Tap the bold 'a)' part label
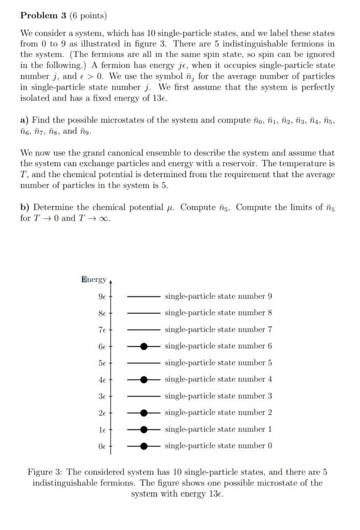tap(25, 120)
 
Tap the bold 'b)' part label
tap(25, 208)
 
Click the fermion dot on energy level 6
tap(144, 346)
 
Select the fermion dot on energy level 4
tap(144, 379)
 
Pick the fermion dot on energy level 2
tap(144, 413)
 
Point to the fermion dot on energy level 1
tap(144, 429)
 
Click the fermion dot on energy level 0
tap(144, 446)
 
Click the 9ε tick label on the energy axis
tap(101, 297)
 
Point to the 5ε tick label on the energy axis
tap(101, 363)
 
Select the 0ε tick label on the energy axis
tap(101, 446)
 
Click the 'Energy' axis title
tap(93, 279)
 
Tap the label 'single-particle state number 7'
tap(218, 330)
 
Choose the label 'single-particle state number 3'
tap(218, 396)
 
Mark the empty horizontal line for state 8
tap(144, 313)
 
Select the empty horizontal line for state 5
tap(144, 363)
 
